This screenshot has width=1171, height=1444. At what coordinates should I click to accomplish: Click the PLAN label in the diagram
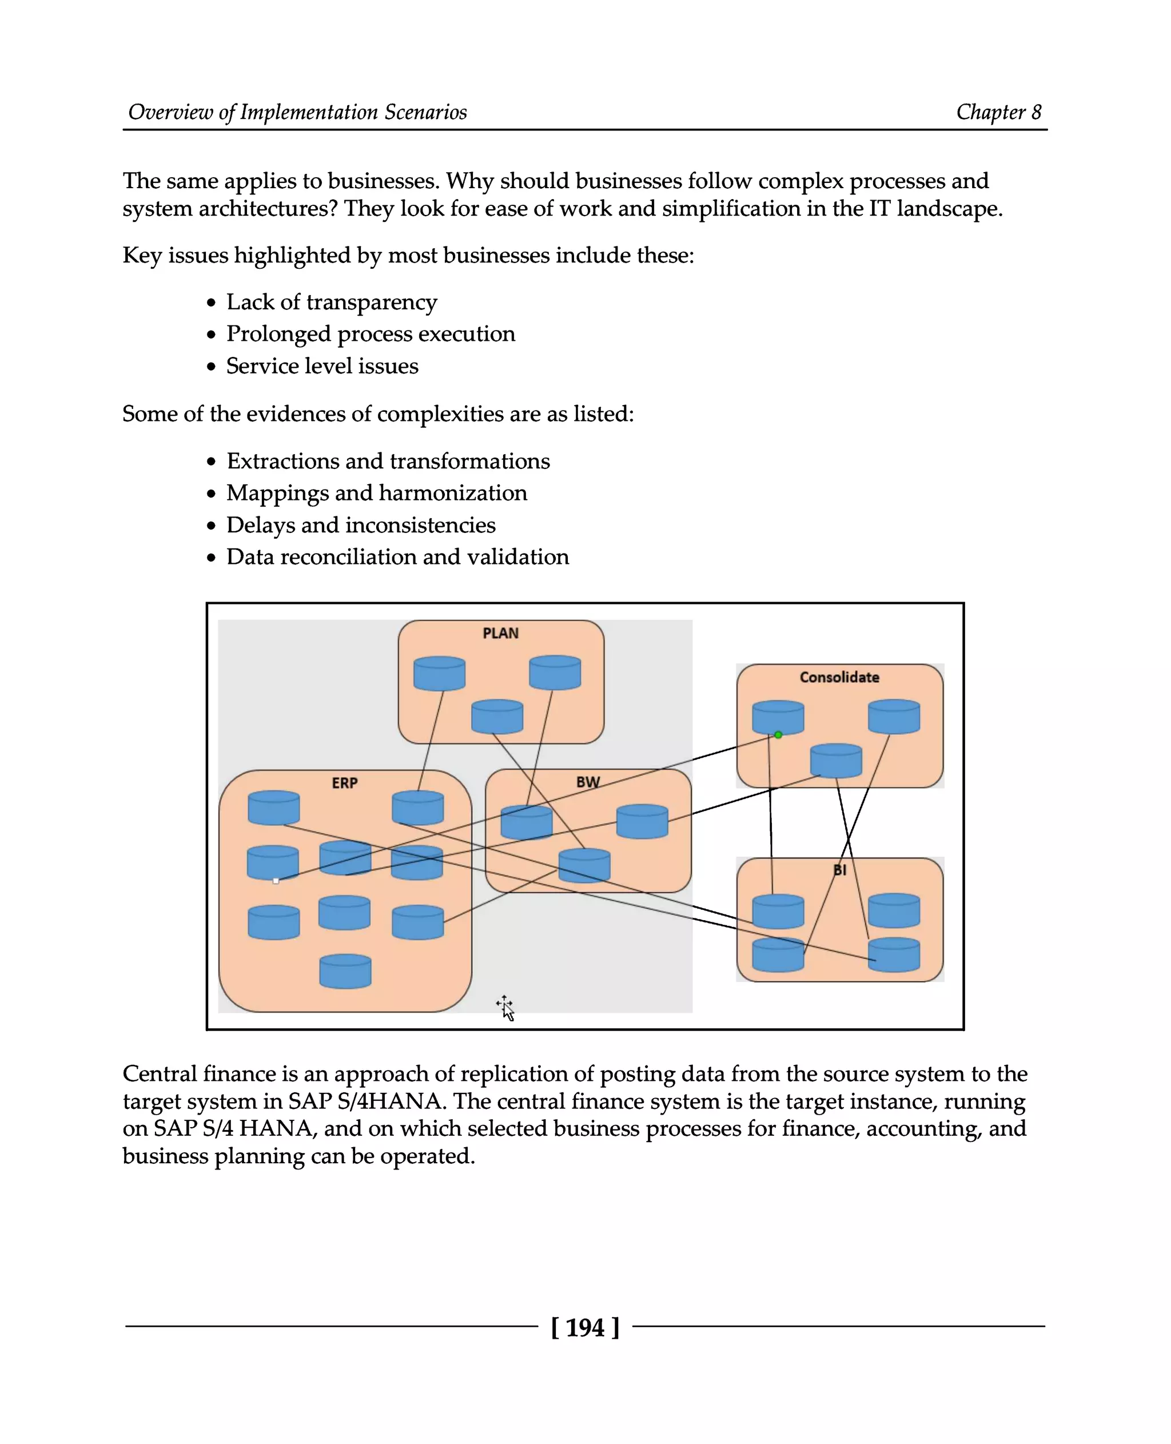pos(500,633)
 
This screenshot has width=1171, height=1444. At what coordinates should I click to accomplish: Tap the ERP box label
pos(344,783)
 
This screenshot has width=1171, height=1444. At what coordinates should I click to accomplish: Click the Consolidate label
pos(839,677)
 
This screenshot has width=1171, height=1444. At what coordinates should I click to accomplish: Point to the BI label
pos(839,870)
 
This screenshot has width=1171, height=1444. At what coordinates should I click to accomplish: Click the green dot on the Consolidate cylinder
pos(778,735)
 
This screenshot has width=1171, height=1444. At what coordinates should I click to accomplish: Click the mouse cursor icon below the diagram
pos(506,1008)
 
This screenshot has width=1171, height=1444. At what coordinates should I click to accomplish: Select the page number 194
pos(585,1327)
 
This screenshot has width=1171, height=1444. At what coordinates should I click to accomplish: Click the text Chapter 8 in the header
pos(998,112)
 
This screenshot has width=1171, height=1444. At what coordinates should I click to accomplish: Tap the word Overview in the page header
pos(170,112)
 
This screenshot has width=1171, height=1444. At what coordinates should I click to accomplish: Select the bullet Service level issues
pos(322,366)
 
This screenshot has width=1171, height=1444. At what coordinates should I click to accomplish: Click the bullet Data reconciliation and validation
pos(397,556)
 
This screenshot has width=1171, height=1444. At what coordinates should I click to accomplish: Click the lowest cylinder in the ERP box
pos(345,972)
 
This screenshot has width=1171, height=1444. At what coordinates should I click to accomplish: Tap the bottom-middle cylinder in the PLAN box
pos(496,717)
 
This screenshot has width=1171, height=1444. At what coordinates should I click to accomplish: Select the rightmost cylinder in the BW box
pos(642,821)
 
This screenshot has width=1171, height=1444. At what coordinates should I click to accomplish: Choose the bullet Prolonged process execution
pos(371,334)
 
